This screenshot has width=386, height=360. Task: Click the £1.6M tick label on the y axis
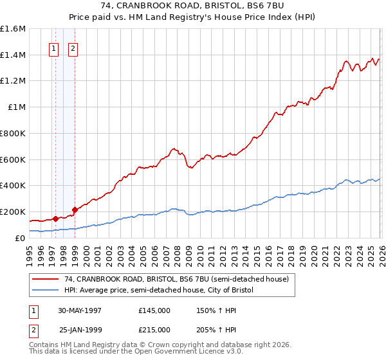click(x=13, y=29)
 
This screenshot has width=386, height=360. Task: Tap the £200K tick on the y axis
click(x=13, y=212)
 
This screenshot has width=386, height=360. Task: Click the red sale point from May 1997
click(x=56, y=219)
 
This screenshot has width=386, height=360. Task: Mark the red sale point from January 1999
click(x=75, y=209)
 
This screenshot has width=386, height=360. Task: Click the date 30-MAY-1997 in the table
click(x=80, y=310)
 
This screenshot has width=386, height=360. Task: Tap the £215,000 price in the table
click(x=154, y=329)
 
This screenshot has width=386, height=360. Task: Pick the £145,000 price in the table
click(x=154, y=310)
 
